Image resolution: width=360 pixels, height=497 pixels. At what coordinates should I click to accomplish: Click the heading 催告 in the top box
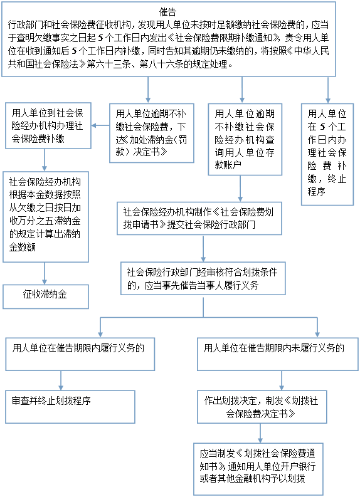pyautogui.click(x=167, y=12)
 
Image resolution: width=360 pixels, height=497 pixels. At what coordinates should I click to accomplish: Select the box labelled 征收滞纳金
pyautogui.click(x=46, y=296)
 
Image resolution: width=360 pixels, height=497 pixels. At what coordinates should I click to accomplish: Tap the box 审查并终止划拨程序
pyautogui.click(x=70, y=407)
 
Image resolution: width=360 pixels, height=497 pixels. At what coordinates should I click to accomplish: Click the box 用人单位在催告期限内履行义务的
pyautogui.click(x=80, y=354)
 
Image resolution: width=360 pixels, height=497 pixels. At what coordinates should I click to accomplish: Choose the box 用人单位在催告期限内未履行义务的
pyautogui.click(x=278, y=354)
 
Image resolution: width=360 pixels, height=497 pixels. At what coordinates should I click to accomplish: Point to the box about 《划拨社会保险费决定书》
pyautogui.click(x=262, y=407)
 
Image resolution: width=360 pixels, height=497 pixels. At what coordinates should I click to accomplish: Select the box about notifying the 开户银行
pyautogui.click(x=258, y=469)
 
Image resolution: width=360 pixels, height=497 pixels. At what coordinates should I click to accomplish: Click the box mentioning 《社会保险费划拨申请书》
pyautogui.click(x=199, y=218)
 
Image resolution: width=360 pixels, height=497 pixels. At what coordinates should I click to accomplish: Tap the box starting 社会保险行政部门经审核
pyautogui.click(x=203, y=278)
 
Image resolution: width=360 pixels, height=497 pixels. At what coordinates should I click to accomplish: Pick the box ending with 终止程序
pyautogui.click(x=327, y=154)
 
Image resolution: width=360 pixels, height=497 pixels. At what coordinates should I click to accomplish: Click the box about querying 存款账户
pyautogui.click(x=245, y=140)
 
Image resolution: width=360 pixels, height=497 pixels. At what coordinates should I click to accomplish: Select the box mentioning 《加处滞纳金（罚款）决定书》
pyautogui.click(x=152, y=133)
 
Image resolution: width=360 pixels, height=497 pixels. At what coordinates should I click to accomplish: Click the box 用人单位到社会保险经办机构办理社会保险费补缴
pyautogui.click(x=48, y=125)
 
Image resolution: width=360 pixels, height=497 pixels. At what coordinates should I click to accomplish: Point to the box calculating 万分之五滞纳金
pyautogui.click(x=46, y=217)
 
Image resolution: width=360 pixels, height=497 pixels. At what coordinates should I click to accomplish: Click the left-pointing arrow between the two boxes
pyautogui.click(x=100, y=125)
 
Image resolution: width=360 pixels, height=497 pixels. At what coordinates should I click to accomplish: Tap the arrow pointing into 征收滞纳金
pyautogui.click(x=45, y=273)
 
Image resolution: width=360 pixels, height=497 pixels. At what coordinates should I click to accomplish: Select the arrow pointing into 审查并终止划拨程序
pyautogui.click(x=61, y=380)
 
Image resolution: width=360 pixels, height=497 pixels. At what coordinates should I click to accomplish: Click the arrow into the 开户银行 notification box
pyautogui.click(x=260, y=433)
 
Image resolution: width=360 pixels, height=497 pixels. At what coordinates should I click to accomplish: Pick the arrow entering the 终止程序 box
pyautogui.click(x=328, y=90)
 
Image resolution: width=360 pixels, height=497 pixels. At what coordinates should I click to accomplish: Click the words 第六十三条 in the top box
pyautogui.click(x=109, y=65)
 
